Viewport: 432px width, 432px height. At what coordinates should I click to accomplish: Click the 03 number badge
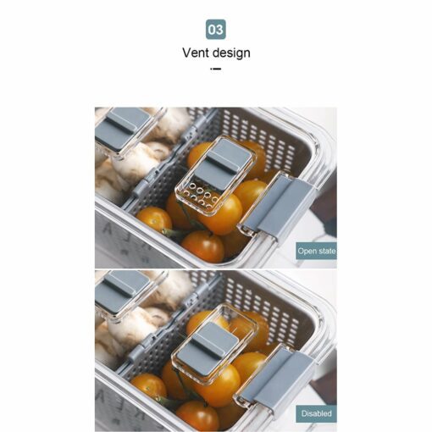click(216, 30)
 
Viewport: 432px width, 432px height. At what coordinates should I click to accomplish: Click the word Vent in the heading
click(196, 53)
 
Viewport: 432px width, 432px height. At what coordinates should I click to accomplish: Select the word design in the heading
click(231, 53)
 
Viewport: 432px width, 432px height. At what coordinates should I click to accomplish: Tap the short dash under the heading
click(216, 69)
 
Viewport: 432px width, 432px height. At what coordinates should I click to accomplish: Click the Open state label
click(316, 251)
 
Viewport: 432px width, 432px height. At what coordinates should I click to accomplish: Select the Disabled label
click(316, 413)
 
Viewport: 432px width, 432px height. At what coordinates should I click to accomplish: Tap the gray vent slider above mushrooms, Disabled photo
click(122, 291)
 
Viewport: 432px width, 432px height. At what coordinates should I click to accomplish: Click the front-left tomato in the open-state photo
click(154, 219)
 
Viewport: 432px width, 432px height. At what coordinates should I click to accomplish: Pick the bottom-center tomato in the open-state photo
click(202, 246)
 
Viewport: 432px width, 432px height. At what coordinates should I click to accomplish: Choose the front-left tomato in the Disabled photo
click(149, 385)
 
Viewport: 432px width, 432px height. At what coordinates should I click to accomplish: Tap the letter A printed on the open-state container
click(108, 230)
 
